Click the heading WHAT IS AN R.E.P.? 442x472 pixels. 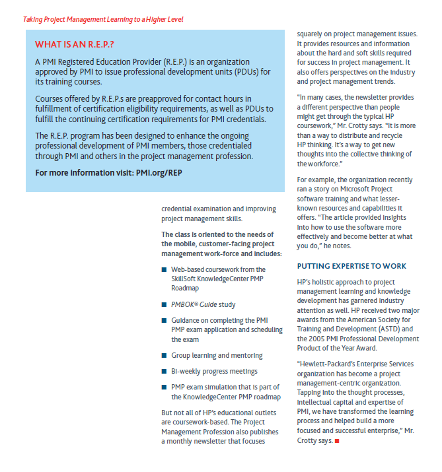point(75,44)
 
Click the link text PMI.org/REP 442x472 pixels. point(154,173)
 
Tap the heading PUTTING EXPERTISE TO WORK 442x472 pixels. point(351,266)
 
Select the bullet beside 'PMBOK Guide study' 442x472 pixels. point(164,305)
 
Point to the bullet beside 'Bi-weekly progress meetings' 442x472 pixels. point(164,372)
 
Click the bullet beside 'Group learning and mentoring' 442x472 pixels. point(164,356)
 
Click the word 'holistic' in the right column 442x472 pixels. point(325,281)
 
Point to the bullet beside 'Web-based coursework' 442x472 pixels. point(164,270)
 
